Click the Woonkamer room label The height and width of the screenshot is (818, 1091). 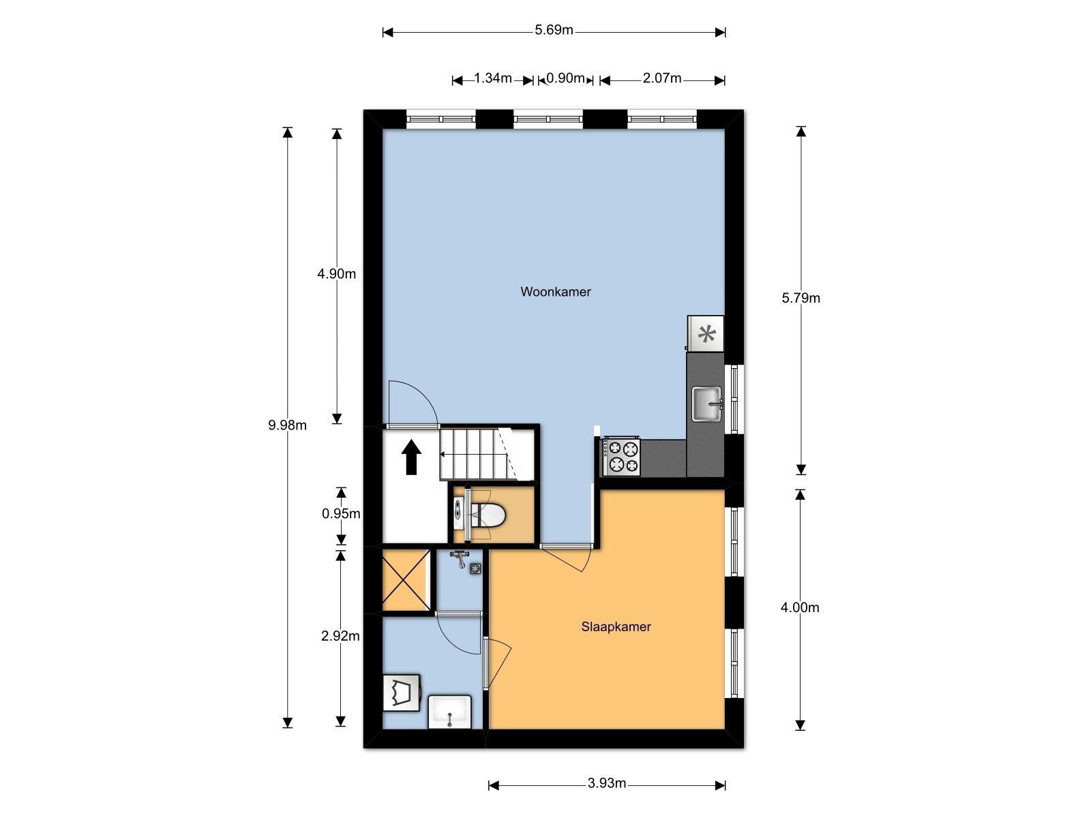[x=555, y=292]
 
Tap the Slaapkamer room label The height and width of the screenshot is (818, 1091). [x=616, y=626]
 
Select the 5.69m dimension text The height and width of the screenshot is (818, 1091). [x=554, y=30]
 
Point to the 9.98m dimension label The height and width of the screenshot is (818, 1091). [x=287, y=425]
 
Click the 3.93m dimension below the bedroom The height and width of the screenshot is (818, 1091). [x=606, y=783]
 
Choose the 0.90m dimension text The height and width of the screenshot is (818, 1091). [x=565, y=78]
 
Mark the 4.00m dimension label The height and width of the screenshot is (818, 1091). [x=800, y=607]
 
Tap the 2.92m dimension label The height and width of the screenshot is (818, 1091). [x=340, y=636]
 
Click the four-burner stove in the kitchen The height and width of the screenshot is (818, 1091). [x=621, y=457]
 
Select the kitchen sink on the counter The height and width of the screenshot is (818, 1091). [x=707, y=404]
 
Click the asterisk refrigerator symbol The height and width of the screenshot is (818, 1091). [x=706, y=333]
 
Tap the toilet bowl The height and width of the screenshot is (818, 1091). [x=488, y=515]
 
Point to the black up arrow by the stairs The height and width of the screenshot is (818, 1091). [x=411, y=457]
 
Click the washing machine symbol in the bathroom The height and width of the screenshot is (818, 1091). [x=402, y=693]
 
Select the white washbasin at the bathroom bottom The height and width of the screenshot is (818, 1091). [x=449, y=712]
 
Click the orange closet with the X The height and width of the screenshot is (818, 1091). [x=406, y=581]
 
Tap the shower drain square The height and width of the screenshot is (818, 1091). [x=476, y=569]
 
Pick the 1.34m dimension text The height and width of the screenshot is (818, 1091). [x=492, y=78]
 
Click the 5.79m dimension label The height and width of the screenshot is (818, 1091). [x=801, y=298]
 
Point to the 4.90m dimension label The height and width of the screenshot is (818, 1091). [x=336, y=273]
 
